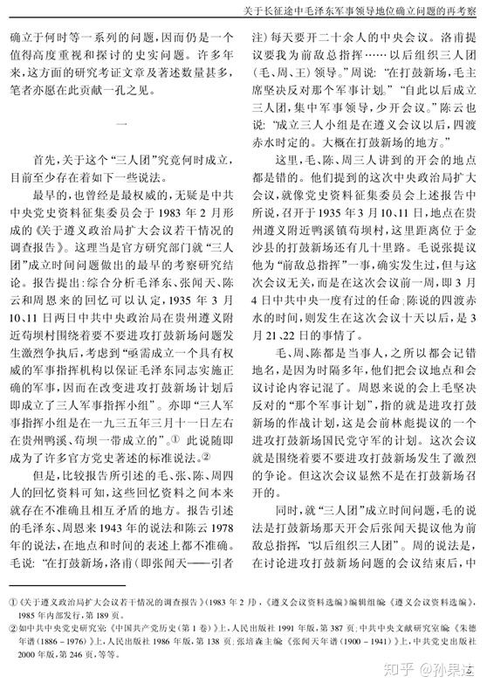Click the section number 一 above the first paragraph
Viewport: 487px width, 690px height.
coord(121,123)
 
